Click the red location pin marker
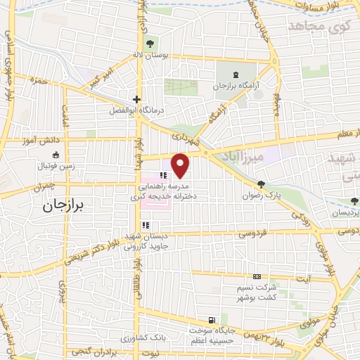point(181,165)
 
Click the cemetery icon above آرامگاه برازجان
point(235,74)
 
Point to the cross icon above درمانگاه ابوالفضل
point(137,100)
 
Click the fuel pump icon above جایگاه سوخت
point(213,319)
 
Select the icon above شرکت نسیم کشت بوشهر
point(257,277)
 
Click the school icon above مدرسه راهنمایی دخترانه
point(162,175)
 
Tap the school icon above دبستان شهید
point(146,225)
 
